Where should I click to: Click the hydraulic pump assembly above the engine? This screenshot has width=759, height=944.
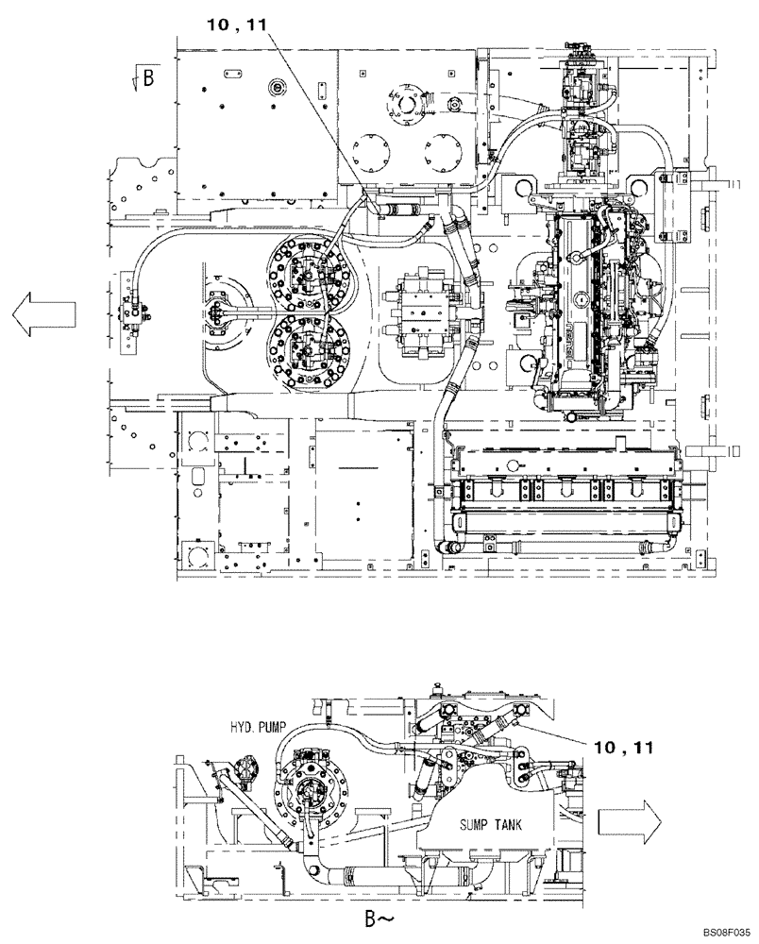[583, 123]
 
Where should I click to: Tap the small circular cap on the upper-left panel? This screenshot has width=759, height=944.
[277, 88]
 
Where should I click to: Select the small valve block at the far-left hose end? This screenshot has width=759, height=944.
[135, 311]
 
